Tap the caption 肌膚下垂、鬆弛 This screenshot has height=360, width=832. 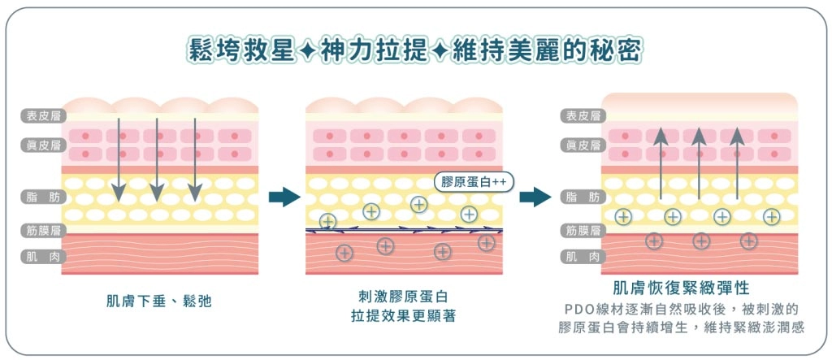158,300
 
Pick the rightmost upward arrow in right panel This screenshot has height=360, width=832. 738,163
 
